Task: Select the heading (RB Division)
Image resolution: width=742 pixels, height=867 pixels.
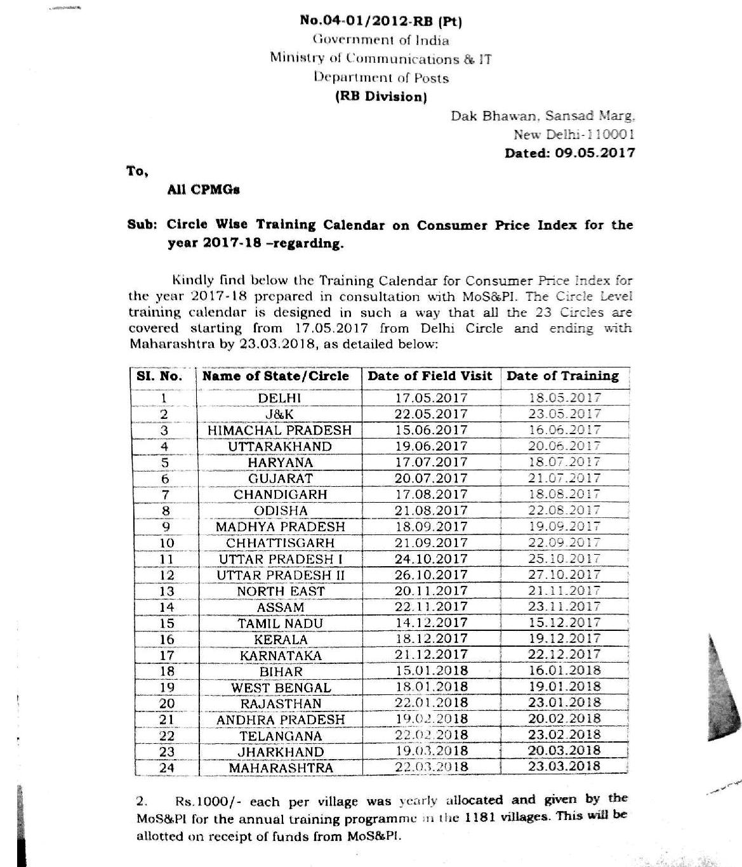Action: [381, 96]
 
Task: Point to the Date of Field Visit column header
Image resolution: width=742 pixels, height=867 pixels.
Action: [430, 376]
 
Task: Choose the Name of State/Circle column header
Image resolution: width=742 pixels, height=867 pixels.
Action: [275, 376]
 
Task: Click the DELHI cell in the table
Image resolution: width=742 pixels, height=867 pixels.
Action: [279, 398]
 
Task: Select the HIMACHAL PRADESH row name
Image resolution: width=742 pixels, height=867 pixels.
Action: [279, 430]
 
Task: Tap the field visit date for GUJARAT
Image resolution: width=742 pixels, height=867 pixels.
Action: [431, 479]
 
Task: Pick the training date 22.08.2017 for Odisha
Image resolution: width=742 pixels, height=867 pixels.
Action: [564, 510]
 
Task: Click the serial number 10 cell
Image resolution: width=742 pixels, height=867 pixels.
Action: [166, 543]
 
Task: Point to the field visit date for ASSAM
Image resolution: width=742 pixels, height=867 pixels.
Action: [431, 607]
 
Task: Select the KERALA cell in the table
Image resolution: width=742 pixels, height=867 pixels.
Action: [280, 639]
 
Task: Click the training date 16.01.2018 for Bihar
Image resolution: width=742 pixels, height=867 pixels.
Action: [564, 671]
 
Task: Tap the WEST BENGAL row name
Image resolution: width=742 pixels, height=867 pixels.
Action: [281, 687]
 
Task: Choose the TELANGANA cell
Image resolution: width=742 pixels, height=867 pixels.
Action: [281, 736]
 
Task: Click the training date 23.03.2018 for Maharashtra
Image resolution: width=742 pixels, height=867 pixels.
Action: [564, 766]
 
